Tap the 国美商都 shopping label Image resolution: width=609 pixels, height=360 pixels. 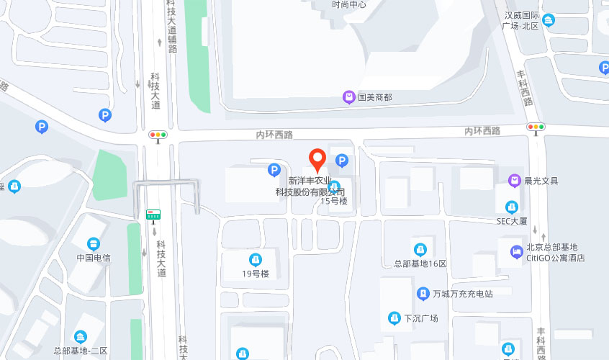(374, 96)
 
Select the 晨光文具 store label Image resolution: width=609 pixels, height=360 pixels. (541, 181)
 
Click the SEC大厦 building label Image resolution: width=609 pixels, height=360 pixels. (513, 221)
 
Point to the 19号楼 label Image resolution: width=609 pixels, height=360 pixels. (255, 274)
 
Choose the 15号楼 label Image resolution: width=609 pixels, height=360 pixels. (334, 201)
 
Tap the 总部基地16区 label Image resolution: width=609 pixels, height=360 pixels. (420, 263)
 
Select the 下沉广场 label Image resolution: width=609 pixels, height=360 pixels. (420, 318)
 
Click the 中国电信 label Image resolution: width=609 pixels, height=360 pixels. (94, 257)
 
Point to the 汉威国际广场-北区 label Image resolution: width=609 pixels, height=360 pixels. (521, 20)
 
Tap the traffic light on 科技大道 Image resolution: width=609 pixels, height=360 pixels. (158, 135)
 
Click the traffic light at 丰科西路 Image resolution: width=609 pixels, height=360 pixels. (536, 127)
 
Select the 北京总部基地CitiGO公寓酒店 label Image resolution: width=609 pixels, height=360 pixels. (554, 252)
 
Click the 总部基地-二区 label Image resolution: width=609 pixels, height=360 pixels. (80, 350)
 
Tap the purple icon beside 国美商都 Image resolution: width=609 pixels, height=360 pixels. (348, 96)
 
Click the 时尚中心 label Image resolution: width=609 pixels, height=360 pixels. (349, 4)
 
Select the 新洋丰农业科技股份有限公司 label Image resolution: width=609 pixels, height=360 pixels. (310, 186)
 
